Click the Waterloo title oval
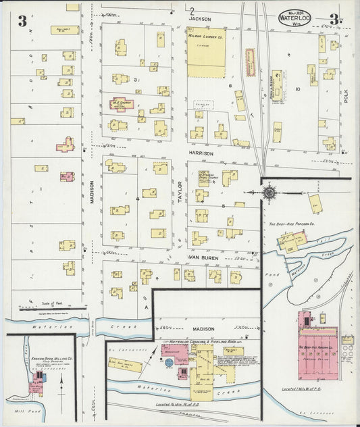pos(294,16)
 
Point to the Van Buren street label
pos(200,258)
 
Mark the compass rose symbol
pos(269,193)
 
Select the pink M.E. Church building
pos(122,105)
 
